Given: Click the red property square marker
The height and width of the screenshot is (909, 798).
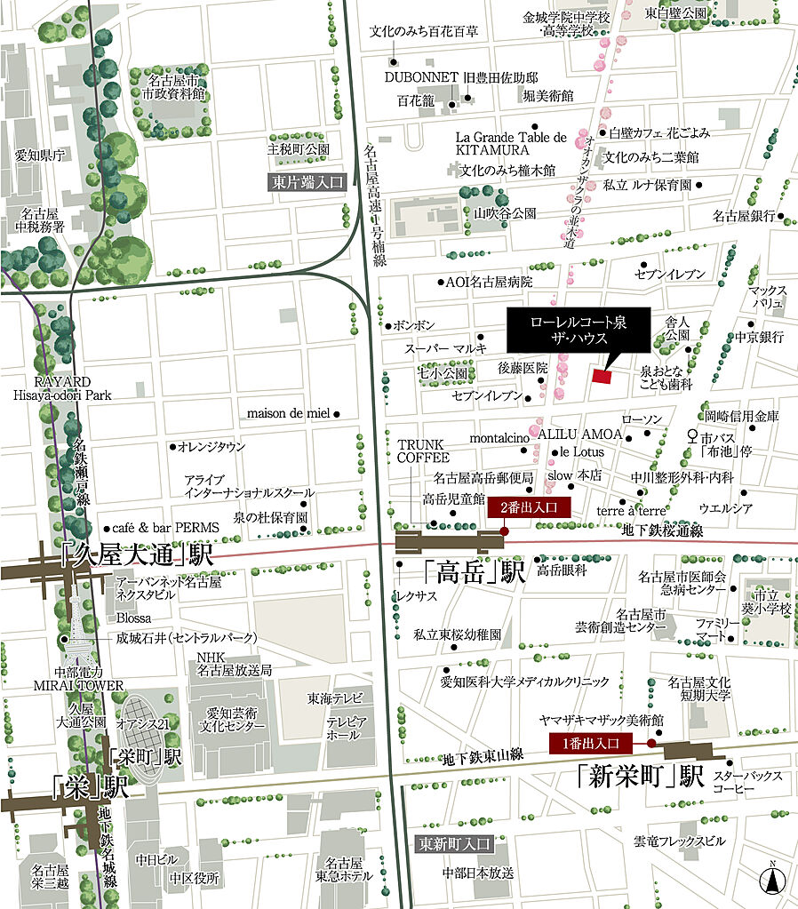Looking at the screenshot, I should (x=602, y=377).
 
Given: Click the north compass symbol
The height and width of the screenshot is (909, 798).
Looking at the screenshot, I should (x=774, y=881).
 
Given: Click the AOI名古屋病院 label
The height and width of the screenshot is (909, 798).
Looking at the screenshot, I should (x=488, y=283).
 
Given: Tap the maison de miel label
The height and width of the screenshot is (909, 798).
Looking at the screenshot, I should (x=288, y=413).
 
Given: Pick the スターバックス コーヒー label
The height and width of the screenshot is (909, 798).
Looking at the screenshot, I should (x=755, y=783).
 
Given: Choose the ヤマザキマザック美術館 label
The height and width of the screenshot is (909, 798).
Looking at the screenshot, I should (x=602, y=720).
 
